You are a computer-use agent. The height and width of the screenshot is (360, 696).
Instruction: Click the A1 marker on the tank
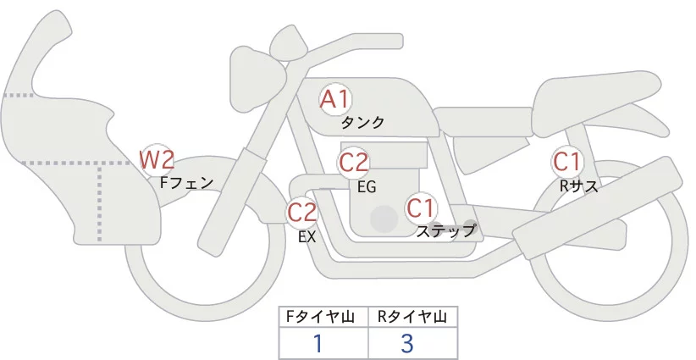tap(335, 99)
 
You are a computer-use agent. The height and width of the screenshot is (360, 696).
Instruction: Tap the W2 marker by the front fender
tap(157, 158)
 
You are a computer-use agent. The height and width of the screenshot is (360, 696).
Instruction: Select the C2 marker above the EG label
tap(354, 162)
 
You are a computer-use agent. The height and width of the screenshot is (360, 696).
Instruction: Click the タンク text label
tap(362, 123)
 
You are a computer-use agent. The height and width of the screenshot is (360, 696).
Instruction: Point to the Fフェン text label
tap(186, 181)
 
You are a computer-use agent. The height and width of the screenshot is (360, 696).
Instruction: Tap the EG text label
tap(367, 186)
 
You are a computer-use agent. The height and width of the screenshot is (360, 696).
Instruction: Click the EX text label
tap(307, 237)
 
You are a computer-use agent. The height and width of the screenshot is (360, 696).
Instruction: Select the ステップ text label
tap(446, 230)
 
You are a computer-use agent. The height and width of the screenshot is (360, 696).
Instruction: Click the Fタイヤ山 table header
tap(323, 318)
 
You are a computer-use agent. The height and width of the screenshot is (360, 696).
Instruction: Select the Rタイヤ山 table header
tap(412, 318)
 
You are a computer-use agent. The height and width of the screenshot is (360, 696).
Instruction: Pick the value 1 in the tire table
tap(318, 343)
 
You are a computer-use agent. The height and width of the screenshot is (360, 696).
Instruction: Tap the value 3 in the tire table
tap(407, 343)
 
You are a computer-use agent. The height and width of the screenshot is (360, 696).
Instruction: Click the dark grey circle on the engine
tap(384, 219)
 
